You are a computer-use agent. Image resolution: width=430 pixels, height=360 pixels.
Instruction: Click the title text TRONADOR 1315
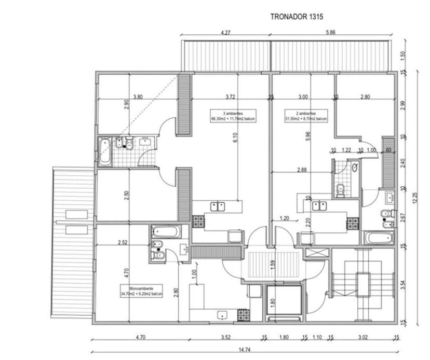297,17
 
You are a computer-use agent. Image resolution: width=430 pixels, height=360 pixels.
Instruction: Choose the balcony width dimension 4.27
225,33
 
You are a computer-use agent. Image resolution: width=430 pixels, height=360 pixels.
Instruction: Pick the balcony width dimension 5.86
330,33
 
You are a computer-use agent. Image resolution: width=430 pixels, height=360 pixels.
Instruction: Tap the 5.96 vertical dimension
308,136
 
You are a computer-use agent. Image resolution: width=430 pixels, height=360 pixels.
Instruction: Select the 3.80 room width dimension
138,96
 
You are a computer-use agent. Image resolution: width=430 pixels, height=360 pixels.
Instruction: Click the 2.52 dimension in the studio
123,242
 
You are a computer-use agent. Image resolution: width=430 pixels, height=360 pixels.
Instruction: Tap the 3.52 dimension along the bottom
225,338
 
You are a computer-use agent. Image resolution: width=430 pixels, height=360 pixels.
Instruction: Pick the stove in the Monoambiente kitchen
243,314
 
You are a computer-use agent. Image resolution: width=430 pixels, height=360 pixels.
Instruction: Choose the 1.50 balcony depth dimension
404,55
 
